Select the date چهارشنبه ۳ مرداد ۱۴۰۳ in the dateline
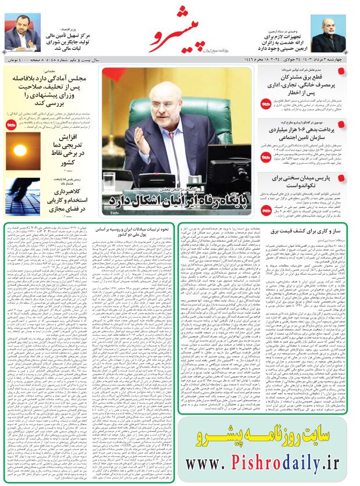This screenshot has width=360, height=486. pos(326,60)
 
